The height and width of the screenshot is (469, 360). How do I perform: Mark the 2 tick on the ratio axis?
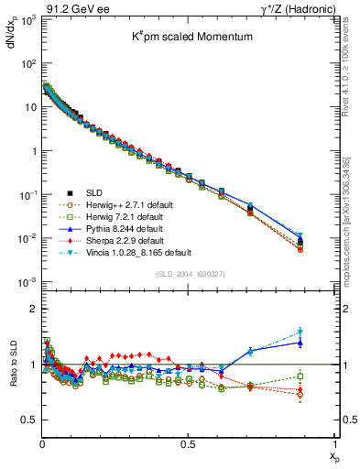click(x=33, y=309)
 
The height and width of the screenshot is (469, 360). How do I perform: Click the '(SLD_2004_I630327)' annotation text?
click(x=188, y=274)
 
